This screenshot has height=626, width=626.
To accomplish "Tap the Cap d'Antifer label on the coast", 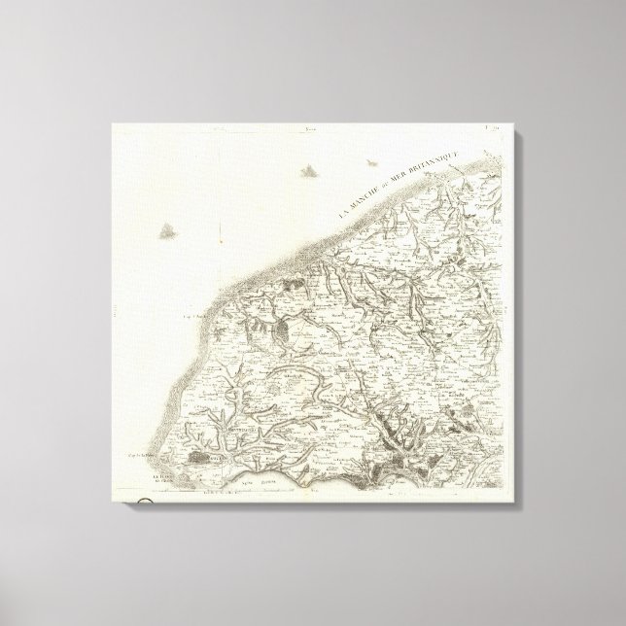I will click(x=191, y=314).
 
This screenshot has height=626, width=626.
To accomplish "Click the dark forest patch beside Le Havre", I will click(x=199, y=456).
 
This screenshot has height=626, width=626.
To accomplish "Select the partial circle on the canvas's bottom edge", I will click(x=144, y=503).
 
